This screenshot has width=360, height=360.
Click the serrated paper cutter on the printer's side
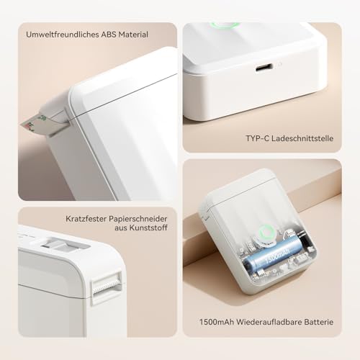pos(105,285)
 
